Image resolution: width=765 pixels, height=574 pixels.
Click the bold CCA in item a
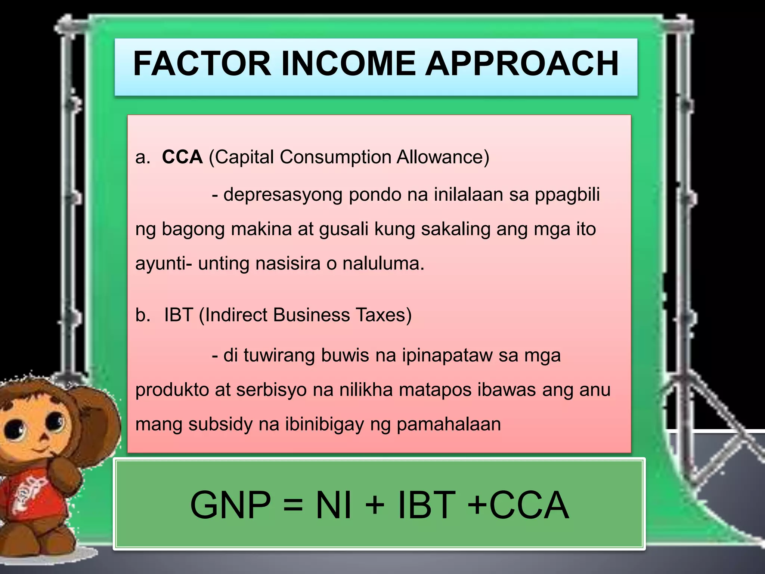click(182, 157)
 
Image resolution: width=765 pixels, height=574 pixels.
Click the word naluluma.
click(383, 263)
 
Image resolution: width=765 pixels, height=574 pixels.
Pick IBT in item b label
click(178, 315)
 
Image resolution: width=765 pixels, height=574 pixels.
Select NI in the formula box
click(334, 505)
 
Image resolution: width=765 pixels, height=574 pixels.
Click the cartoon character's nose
click(44, 437)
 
